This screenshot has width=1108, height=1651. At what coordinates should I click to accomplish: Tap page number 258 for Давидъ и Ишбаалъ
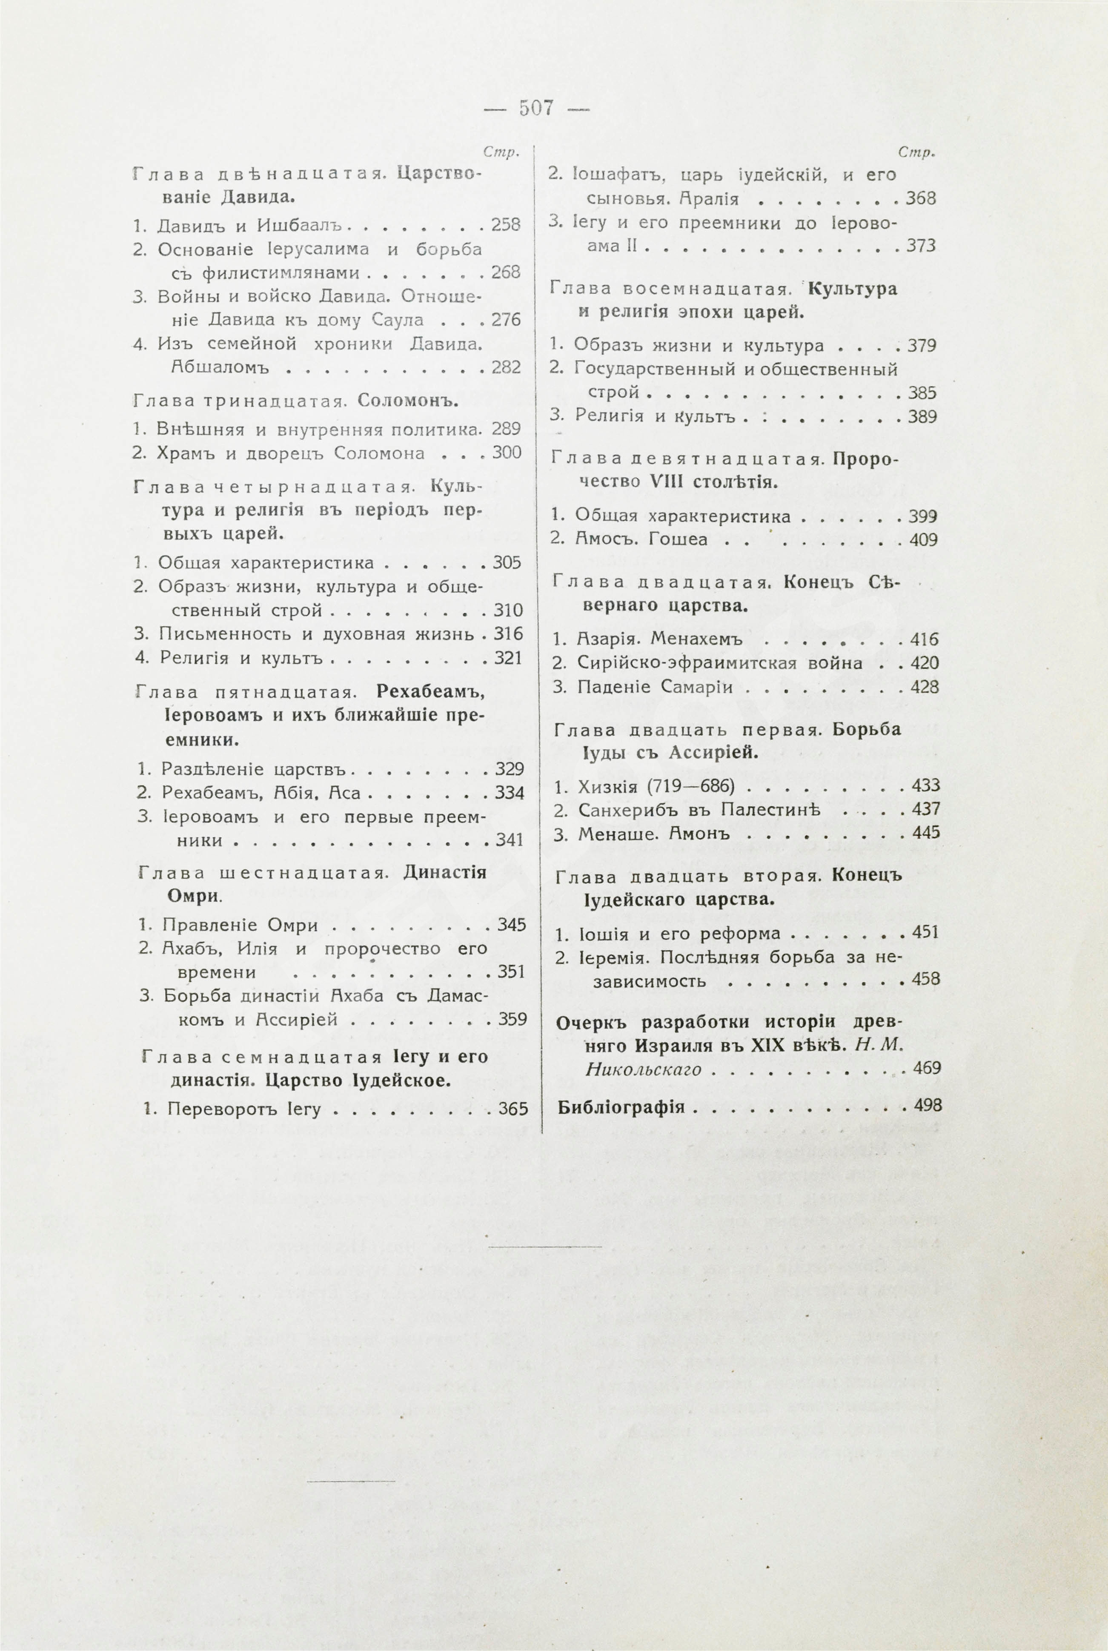tap(506, 225)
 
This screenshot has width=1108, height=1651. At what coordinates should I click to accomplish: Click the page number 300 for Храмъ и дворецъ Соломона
tap(507, 452)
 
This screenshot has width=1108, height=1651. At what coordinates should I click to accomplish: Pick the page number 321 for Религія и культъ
tap(508, 658)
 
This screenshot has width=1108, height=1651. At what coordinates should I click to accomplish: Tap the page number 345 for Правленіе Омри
tap(512, 924)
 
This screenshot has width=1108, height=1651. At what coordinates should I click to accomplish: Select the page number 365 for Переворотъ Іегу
tap(513, 1108)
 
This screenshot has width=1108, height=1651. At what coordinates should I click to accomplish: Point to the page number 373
tap(921, 246)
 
